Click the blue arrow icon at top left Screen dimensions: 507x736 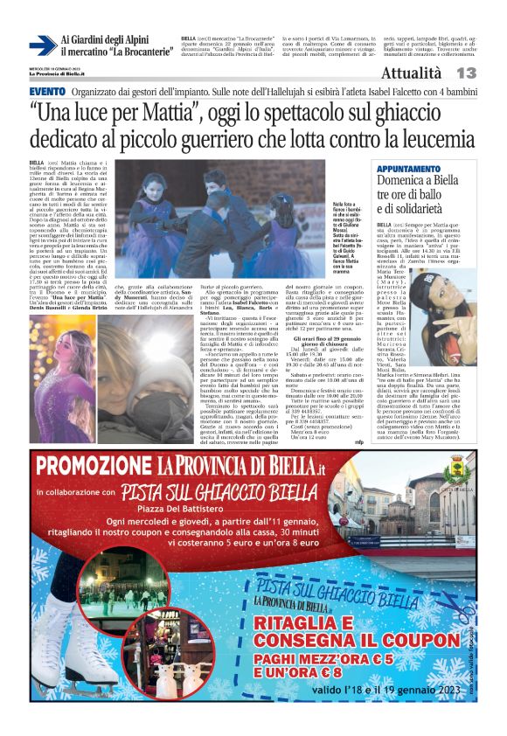(42, 45)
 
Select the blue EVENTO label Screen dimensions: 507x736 (47, 91)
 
